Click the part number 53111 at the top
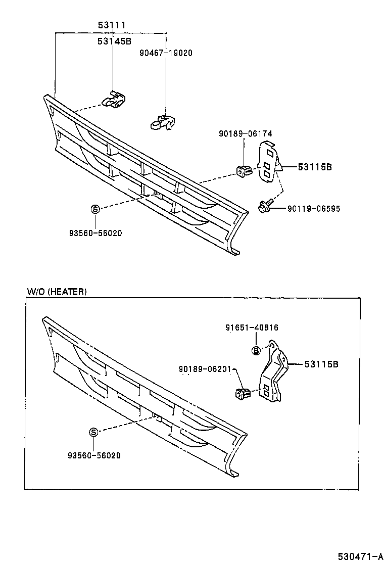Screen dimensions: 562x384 [x=112, y=25]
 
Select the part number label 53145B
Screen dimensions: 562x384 [x=114, y=42]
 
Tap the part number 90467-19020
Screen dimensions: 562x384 [x=166, y=53]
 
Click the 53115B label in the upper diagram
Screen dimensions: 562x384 [x=314, y=167]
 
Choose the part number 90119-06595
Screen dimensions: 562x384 [x=313, y=208]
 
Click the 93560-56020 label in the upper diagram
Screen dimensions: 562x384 [x=95, y=233]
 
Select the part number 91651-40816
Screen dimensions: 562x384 [x=252, y=327]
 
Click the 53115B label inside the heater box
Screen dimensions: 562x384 [x=321, y=364]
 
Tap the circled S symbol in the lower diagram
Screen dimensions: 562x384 [x=93, y=432]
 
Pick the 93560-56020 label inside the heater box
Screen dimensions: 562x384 [x=94, y=455]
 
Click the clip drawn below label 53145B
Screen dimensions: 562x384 [x=115, y=100]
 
